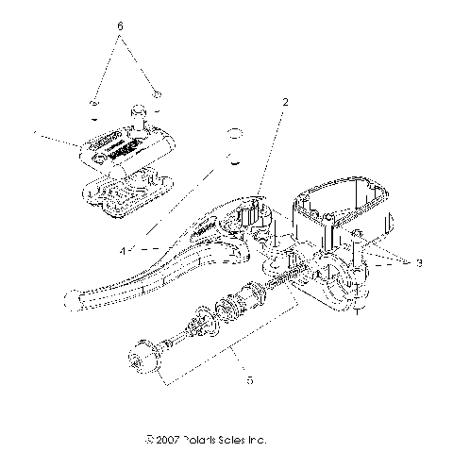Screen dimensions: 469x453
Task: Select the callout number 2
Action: tap(284, 100)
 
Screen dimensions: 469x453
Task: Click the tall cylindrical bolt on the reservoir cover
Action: tap(138, 118)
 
